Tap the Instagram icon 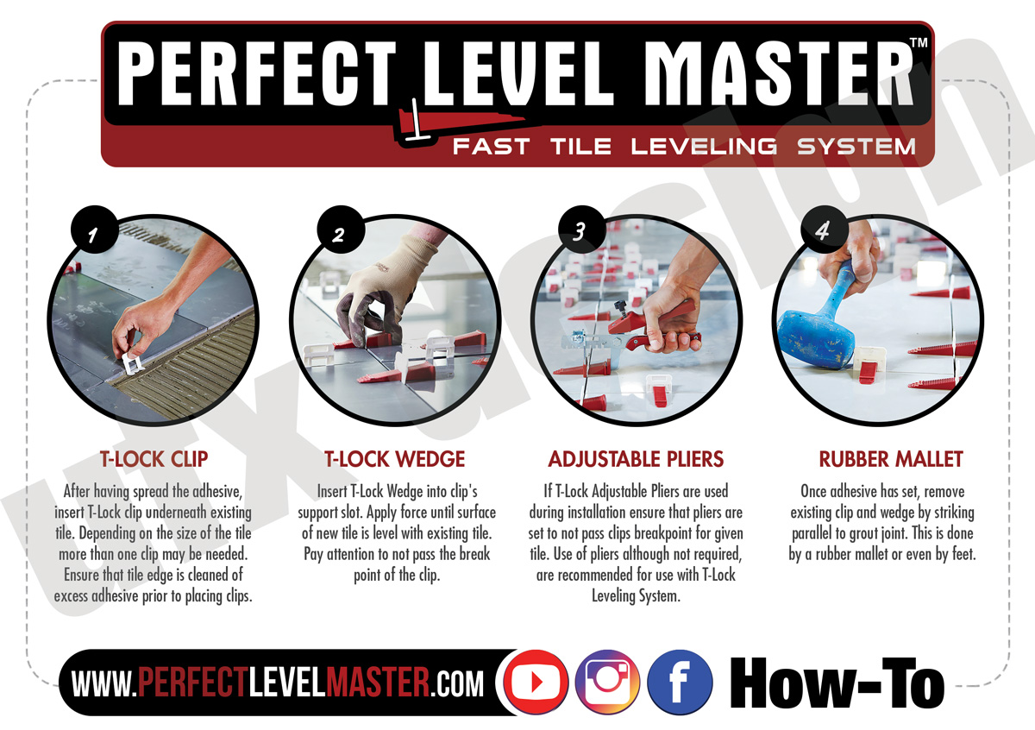[606, 682]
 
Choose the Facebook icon [680, 682]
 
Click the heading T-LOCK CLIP [153, 459]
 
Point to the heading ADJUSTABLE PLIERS [636, 459]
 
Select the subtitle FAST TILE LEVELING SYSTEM [684, 147]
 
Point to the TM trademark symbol [919, 43]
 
